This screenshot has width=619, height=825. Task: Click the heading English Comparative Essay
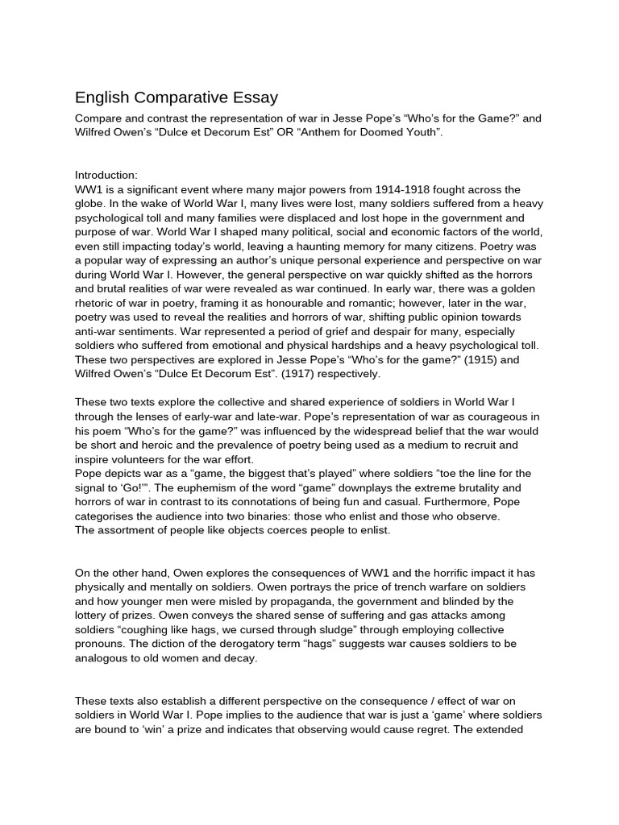click(177, 97)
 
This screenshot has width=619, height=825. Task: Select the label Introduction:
click(106, 175)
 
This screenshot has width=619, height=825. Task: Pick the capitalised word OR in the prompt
click(288, 132)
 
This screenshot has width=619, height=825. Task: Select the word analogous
click(103, 658)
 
